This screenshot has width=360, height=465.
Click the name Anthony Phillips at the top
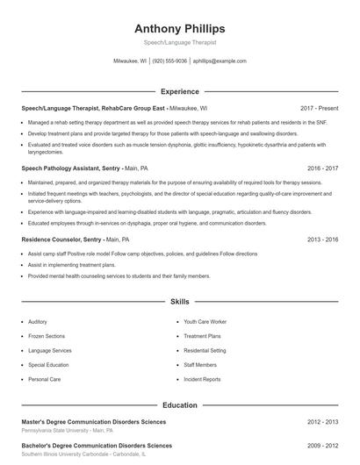point(179,28)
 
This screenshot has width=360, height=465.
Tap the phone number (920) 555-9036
point(170,61)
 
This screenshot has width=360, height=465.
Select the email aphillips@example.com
point(220,61)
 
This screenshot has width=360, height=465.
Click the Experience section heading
point(179,91)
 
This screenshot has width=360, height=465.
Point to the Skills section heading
point(179,302)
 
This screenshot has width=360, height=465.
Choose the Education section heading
point(179,406)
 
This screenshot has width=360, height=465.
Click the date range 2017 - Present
point(319,108)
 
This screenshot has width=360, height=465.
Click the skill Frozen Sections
point(47,336)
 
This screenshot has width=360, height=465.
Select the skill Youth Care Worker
point(205,322)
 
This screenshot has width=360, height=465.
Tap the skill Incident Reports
point(202,379)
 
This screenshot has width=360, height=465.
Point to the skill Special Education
point(48,365)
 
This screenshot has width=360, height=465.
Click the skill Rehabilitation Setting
point(205,350)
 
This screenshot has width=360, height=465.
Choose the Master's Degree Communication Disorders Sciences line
point(93,423)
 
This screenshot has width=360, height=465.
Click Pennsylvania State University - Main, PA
point(67,432)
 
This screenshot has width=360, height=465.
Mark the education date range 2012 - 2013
point(322,423)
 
